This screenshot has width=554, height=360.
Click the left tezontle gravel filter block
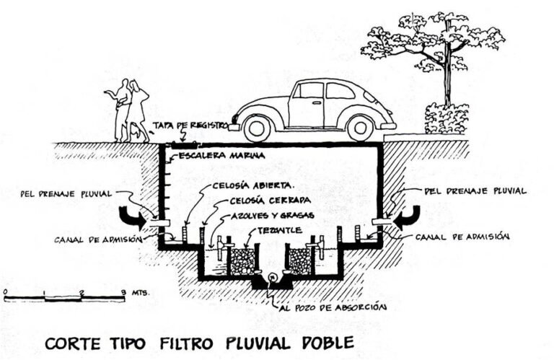[x=242, y=260]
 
